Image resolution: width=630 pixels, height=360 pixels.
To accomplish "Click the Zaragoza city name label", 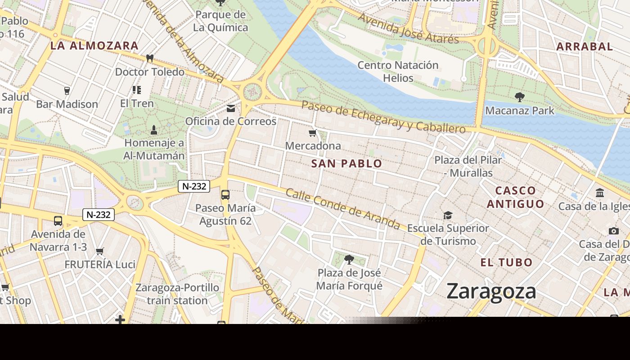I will point(491,291).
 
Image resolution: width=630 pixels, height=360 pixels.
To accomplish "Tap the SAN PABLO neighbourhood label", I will point(346,163).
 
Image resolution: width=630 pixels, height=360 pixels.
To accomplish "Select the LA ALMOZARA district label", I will point(94,45).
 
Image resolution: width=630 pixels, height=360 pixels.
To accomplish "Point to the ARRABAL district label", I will point(585,46).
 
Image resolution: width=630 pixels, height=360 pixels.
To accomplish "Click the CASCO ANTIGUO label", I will point(516,197).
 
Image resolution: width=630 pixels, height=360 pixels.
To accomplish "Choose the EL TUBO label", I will point(506,262).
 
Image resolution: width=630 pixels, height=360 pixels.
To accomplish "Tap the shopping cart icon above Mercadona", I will point(313,133).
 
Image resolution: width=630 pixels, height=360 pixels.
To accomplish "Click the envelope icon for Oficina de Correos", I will point(231,108).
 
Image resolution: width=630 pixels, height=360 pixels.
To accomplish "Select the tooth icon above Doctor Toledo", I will point(150,58).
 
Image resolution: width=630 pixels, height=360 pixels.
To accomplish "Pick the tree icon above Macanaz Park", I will point(519,97).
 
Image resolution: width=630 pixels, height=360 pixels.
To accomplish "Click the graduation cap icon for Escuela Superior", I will point(448,215).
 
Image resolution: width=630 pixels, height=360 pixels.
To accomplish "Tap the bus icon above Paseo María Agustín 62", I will point(225,195).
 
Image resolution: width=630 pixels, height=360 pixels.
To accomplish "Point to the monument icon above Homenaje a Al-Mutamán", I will point(154,130).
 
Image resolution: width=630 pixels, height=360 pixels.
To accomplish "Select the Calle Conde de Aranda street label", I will point(343,208).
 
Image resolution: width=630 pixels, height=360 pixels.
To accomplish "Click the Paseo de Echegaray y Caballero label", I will point(383,117).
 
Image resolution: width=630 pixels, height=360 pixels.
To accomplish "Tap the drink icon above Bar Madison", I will point(67,91).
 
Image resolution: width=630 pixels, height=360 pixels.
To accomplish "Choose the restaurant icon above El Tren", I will point(137,90).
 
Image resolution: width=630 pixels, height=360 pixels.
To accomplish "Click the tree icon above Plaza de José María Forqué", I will point(349,259).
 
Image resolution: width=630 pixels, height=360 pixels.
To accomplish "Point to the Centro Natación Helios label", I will point(398,72).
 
